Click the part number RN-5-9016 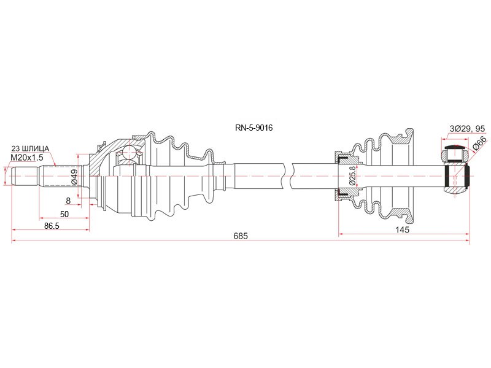coord(254,128)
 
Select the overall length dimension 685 coord(241,236)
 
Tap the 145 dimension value coord(402,229)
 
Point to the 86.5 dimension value coord(52,226)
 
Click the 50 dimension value coord(64,214)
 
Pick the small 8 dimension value coord(68,201)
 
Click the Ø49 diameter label coord(74,176)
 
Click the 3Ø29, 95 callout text coord(467,129)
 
